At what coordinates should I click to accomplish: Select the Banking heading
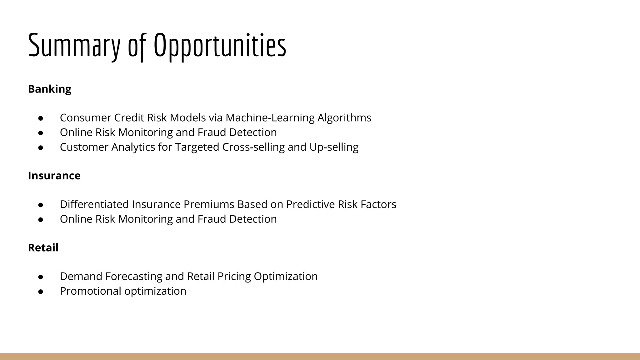50,89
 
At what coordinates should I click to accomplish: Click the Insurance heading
54,176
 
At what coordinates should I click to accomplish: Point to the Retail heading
43,247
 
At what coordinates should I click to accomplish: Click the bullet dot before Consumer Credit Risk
40,118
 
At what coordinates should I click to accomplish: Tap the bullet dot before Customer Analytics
40,147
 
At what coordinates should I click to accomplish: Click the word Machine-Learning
270,118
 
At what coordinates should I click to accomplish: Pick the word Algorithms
344,118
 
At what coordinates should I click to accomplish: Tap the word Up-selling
334,147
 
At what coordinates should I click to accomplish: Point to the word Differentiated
94,204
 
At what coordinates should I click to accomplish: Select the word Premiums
208,204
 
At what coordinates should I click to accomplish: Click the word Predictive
310,204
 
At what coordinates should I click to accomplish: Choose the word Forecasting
133,277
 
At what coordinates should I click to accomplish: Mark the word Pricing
234,277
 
